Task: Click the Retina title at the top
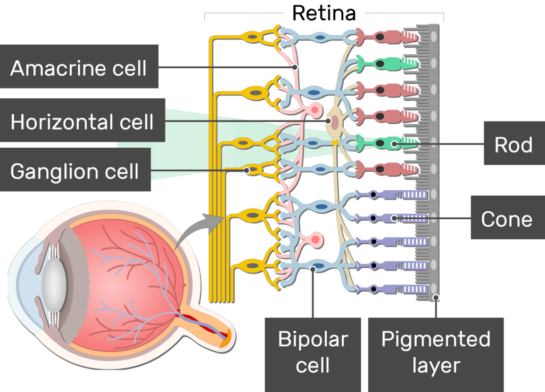(x=324, y=13)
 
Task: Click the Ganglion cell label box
(x=75, y=170)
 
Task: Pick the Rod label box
(x=514, y=144)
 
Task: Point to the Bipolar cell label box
(x=313, y=352)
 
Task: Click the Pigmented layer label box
(x=435, y=352)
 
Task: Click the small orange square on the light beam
(x=335, y=143)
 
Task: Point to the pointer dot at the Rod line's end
(x=394, y=143)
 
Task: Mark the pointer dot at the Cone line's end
(x=394, y=218)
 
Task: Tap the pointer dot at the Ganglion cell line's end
(x=247, y=171)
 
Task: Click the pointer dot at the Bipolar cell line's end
(x=313, y=270)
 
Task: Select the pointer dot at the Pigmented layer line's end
(x=436, y=298)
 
